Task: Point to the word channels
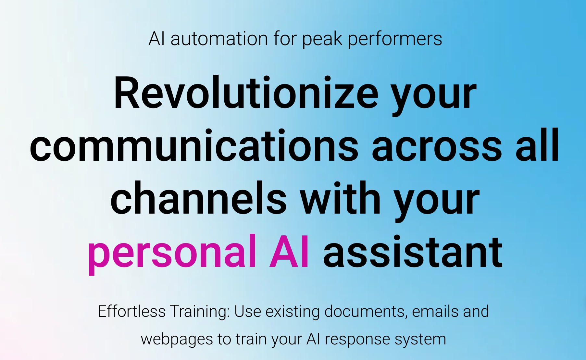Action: point(199,198)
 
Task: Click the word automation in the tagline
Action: point(219,39)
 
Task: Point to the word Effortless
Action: point(131,311)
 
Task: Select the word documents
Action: point(366,312)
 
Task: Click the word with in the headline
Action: point(340,198)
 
